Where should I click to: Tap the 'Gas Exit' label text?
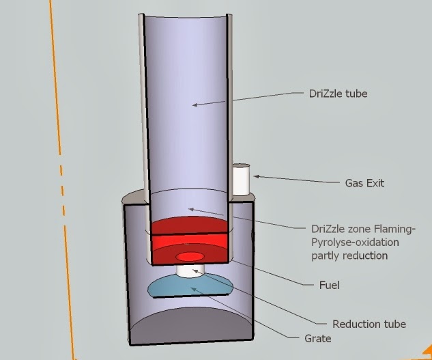(x=365, y=183)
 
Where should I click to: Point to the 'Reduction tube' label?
(x=369, y=323)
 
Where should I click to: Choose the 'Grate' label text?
(x=317, y=338)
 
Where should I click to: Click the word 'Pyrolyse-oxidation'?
(x=351, y=242)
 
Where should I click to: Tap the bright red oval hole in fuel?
(x=189, y=256)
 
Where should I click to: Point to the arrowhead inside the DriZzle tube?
(x=195, y=105)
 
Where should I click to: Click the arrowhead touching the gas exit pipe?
(x=256, y=176)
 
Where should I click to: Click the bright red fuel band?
(x=188, y=240)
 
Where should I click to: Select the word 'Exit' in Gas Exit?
(x=375, y=183)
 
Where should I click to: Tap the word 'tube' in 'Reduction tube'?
(x=393, y=323)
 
